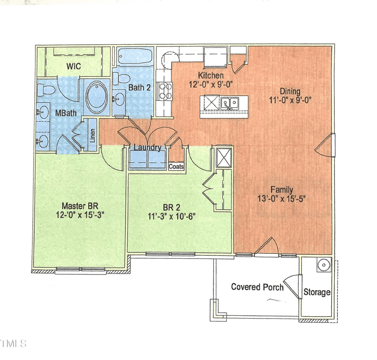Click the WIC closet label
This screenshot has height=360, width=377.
tap(74, 67)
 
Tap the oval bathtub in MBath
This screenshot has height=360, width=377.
tap(97, 97)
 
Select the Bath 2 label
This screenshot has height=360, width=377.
tap(139, 87)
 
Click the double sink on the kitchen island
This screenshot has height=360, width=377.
tap(230, 102)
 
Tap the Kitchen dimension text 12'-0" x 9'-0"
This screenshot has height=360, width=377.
tap(210, 84)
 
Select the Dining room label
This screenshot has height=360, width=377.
tap(290, 91)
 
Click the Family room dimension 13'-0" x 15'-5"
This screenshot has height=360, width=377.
tap(282, 198)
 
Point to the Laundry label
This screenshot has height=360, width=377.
tap(147, 148)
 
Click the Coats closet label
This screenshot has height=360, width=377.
tap(176, 167)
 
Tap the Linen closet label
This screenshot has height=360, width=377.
tap(93, 135)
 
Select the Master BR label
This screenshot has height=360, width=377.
tap(79, 206)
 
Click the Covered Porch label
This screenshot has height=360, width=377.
tap(257, 287)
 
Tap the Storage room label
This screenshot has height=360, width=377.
tap(317, 292)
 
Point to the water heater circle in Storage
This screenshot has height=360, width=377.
tap(324, 265)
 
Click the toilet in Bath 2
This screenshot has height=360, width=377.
tap(122, 80)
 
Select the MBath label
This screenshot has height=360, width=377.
tap(63, 113)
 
